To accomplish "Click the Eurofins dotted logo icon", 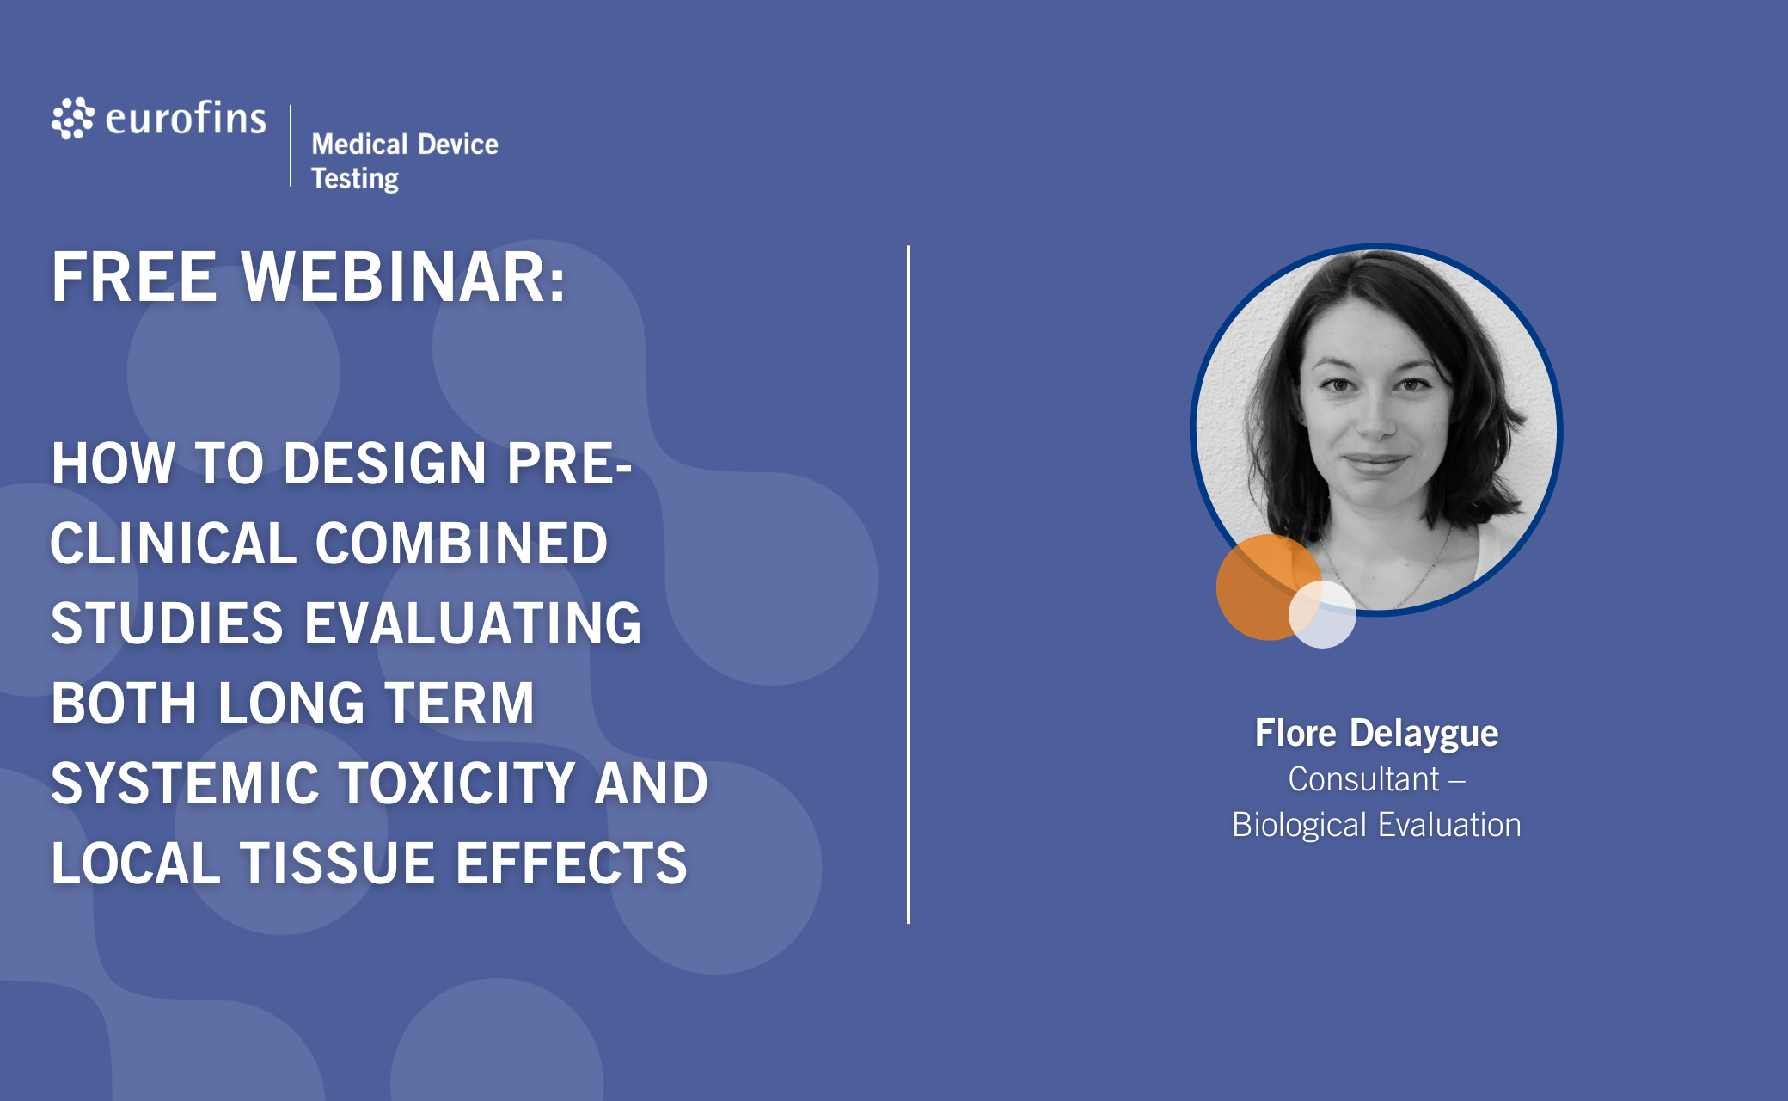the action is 72,118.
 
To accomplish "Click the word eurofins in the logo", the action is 186,118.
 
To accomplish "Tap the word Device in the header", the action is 458,144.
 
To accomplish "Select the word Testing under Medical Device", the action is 355,179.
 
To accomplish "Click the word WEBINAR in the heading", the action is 403,277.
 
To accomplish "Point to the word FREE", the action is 134,277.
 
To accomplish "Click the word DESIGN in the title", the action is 385,464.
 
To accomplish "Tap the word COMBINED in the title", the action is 462,544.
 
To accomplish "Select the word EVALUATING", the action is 473,624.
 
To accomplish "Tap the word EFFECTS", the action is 572,864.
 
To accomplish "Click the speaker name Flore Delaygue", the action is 1376,734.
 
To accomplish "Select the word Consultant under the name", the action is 1363,779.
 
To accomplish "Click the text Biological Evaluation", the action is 1376,825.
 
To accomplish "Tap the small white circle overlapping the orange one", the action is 1322,614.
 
